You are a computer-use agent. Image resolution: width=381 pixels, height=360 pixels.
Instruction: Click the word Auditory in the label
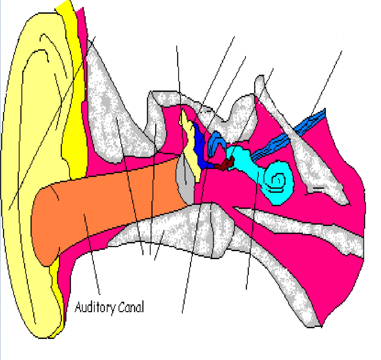94,307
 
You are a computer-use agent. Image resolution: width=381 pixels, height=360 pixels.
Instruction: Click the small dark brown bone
226,164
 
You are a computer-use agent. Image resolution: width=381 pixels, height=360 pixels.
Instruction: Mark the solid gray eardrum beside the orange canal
184,182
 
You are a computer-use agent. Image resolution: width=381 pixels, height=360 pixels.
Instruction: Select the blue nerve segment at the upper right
310,122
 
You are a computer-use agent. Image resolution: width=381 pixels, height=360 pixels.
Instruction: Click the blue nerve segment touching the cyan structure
270,148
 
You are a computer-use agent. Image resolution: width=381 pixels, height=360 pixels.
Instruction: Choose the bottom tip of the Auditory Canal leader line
100,294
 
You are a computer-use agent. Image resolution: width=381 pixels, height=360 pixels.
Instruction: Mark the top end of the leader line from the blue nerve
342,51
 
